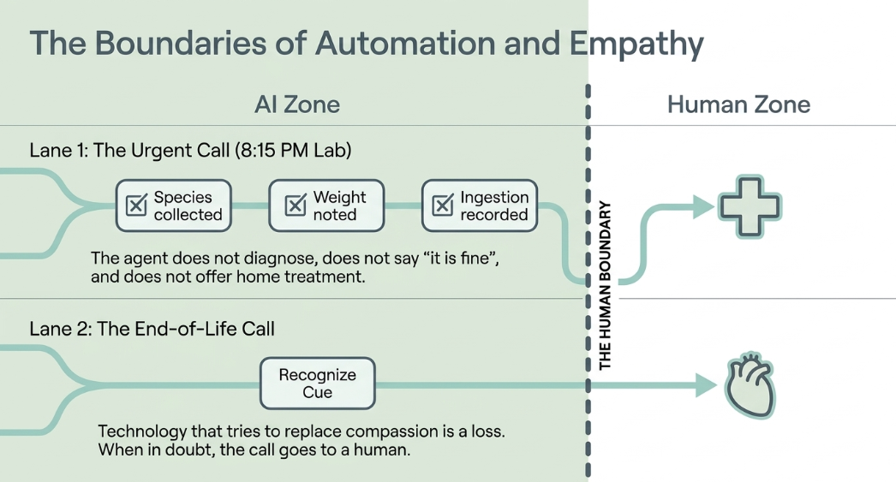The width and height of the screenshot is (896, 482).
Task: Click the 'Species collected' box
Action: tap(174, 205)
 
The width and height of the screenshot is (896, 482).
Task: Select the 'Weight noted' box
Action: tap(327, 205)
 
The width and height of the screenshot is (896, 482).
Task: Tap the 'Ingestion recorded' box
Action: tap(480, 205)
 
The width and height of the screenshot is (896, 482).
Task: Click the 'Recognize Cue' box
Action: tap(318, 384)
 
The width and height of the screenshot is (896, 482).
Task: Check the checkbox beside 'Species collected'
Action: tap(136, 205)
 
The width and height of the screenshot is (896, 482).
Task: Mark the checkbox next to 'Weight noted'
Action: tap(296, 205)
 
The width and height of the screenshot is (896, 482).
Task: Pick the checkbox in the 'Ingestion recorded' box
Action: tap(443, 205)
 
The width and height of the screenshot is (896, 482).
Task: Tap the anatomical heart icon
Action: tap(750, 387)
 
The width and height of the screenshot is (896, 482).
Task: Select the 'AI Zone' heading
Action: tap(297, 104)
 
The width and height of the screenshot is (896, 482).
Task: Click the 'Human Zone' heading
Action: tap(739, 104)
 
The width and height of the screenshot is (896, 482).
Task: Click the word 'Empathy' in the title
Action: tap(636, 44)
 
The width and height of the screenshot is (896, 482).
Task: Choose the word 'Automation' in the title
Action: tap(405, 43)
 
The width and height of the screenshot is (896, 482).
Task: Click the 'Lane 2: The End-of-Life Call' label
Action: tap(152, 329)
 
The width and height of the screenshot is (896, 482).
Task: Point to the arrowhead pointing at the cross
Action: tap(704, 206)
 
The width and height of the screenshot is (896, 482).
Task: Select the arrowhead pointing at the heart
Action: tap(707, 385)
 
